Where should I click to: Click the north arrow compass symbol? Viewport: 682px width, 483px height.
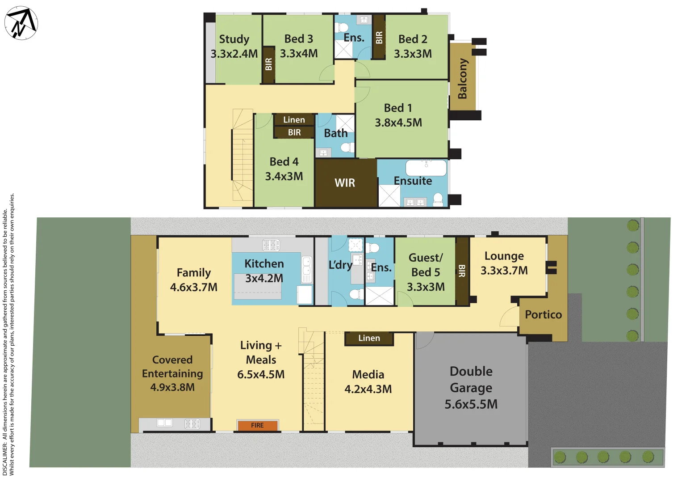coord(21,23)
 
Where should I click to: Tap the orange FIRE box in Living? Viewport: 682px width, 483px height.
coord(257,425)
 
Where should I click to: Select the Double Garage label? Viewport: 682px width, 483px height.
coord(471,379)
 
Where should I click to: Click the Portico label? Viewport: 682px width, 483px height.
coord(543,314)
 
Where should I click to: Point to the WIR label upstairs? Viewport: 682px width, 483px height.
coord(345,182)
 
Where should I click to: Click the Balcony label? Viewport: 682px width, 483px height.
coord(462,78)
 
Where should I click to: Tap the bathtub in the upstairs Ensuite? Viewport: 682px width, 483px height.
coord(426,168)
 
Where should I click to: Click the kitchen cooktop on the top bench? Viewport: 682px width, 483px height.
coord(271,245)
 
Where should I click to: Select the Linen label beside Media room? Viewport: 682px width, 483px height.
coord(369,338)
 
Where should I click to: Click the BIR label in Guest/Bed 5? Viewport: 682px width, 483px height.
coord(462,271)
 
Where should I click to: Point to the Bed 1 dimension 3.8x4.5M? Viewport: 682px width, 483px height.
coord(398,123)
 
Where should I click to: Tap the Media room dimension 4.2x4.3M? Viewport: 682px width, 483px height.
coord(368,389)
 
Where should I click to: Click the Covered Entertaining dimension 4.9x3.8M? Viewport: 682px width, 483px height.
coord(172,387)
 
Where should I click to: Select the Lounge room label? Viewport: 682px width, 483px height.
coord(504,256)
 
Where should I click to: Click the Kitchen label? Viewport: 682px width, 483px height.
coord(264,263)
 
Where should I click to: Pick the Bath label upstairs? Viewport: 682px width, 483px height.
coord(335,133)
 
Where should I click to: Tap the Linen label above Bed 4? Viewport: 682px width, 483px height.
coord(294,119)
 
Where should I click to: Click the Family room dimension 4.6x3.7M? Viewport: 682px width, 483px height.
coord(194,287)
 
